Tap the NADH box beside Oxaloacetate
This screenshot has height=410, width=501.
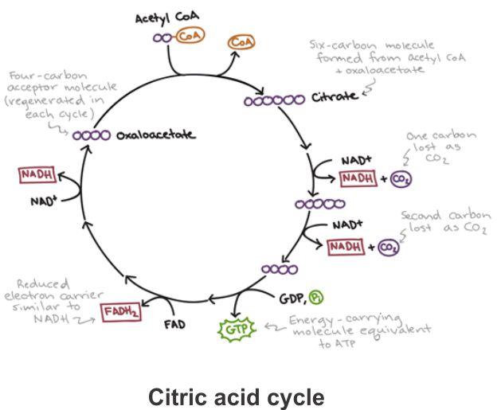(x=35, y=174)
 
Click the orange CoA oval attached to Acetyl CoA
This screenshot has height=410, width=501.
(x=188, y=37)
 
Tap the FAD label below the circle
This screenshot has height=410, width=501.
(x=176, y=325)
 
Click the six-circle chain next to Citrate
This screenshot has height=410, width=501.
(x=274, y=100)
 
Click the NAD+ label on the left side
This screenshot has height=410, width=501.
(x=44, y=202)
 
